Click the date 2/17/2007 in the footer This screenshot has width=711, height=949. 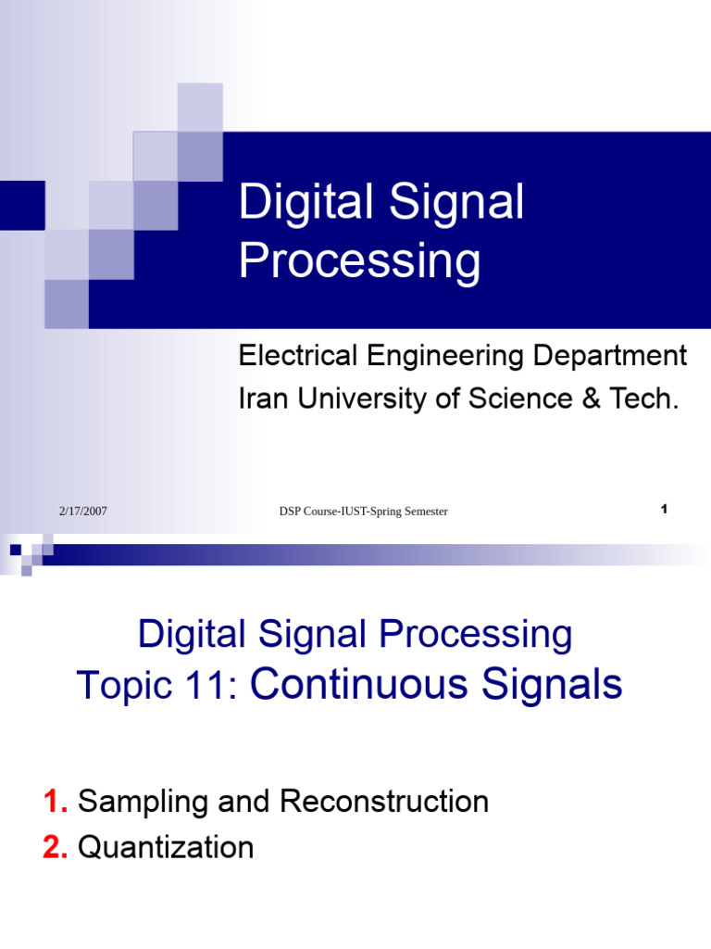pos(83,511)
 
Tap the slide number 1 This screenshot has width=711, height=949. pos(665,509)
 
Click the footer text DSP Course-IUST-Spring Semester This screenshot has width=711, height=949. pos(363,512)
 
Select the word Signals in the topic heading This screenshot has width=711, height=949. pos(553,685)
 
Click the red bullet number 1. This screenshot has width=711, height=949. pos(55,802)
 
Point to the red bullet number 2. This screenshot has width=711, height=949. pos(55,847)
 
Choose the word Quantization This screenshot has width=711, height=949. pos(166,847)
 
